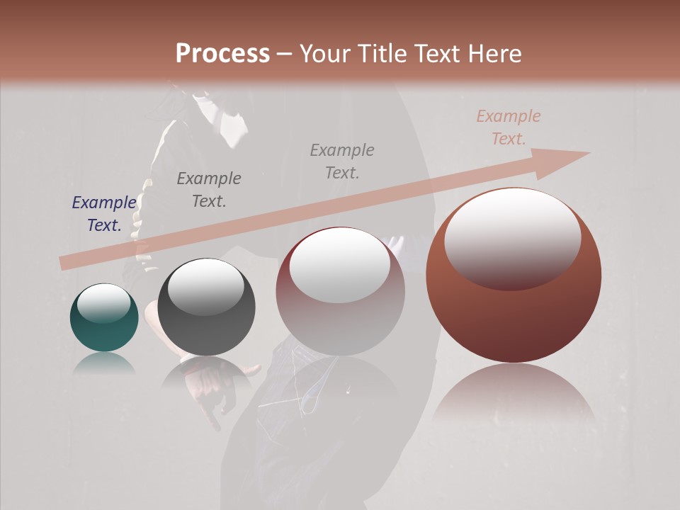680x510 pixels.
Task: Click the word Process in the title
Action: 222,54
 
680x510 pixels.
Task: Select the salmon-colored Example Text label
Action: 508,127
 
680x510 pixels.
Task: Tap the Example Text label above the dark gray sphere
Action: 208,190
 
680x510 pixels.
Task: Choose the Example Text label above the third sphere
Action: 342,161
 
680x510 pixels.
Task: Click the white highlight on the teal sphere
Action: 103,304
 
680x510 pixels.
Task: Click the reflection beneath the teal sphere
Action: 103,363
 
